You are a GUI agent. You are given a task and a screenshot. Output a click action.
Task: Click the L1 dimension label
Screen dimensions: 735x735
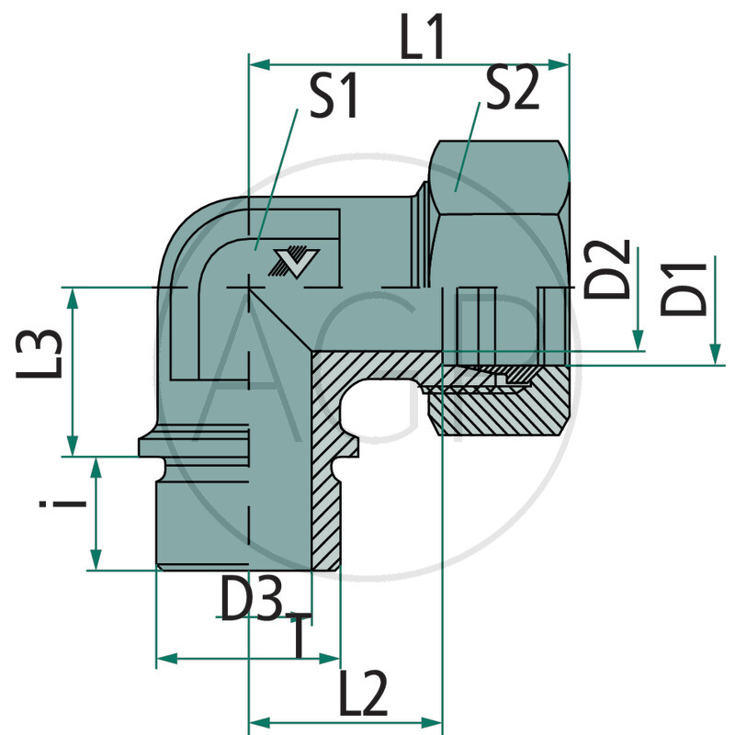(x=422, y=40)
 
